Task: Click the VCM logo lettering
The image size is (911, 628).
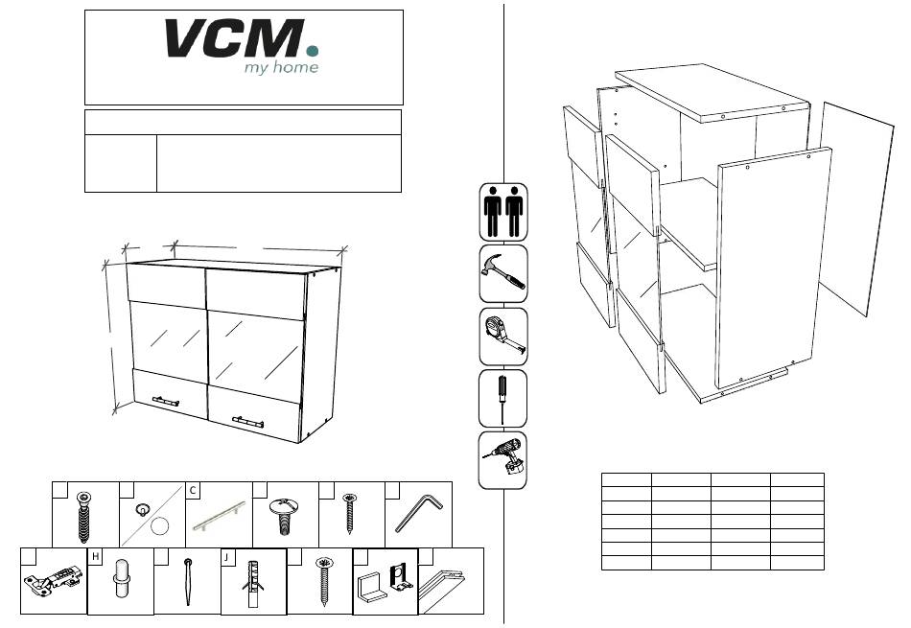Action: [235, 38]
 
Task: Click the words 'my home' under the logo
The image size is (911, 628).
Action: [281, 67]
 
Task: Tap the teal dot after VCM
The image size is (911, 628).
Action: [313, 51]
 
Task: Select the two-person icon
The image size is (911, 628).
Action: [503, 212]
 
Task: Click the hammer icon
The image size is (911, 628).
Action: [503, 273]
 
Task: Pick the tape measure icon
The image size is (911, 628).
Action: [503, 337]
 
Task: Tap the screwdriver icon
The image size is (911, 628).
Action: [502, 399]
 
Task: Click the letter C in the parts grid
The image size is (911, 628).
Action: [193, 490]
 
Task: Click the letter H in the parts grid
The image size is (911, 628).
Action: [95, 556]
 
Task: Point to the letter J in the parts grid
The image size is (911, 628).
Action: [227, 557]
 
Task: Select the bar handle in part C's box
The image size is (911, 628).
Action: [219, 516]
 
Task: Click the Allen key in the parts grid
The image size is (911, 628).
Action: [418, 513]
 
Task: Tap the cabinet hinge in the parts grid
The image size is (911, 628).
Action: [53, 580]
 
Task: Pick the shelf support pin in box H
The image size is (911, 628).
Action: [121, 578]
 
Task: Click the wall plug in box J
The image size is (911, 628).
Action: [253, 583]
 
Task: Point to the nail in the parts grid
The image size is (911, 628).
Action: [188, 581]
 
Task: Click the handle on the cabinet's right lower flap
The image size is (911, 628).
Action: [248, 422]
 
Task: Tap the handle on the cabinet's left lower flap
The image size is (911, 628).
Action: [166, 402]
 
